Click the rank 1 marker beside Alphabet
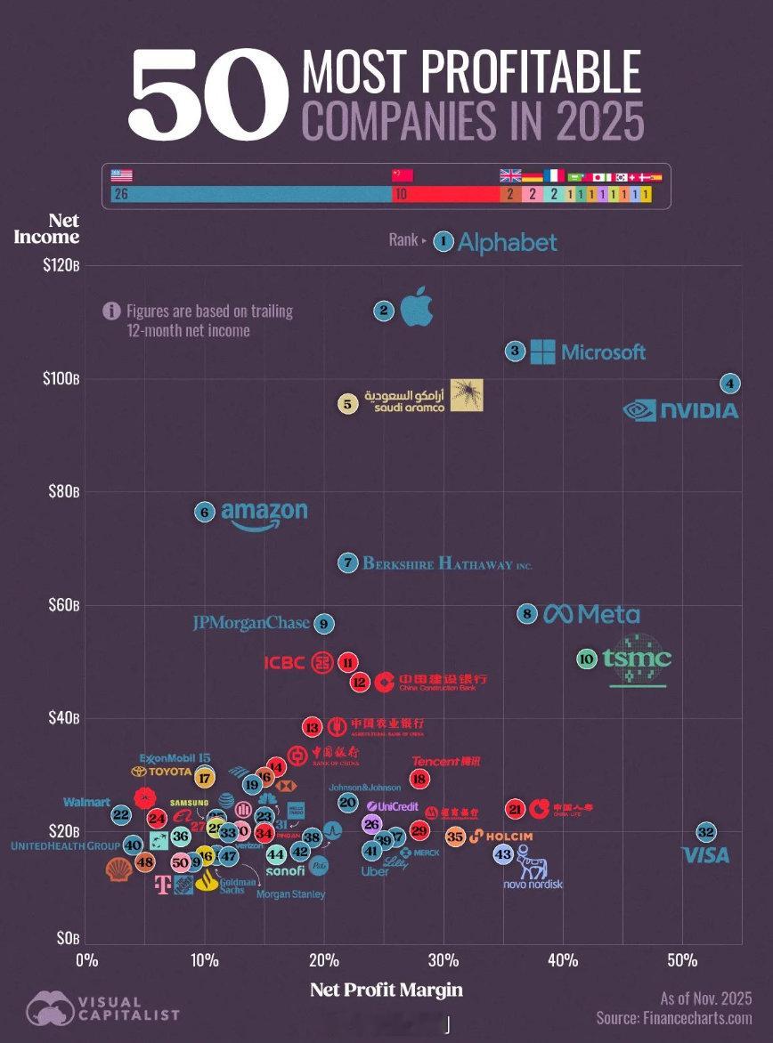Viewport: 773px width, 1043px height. click(443, 241)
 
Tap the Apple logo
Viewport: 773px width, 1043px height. click(416, 308)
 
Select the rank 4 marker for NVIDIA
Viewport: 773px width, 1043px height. click(730, 384)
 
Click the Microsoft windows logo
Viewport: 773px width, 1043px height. click(542, 352)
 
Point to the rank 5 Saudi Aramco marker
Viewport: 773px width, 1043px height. click(347, 404)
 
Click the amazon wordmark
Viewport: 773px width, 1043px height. click(264, 513)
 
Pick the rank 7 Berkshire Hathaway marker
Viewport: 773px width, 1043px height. click(347, 563)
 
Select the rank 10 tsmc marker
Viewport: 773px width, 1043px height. click(586, 659)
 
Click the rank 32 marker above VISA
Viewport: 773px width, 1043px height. click(706, 832)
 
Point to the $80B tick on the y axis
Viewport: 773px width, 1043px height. click(63, 491)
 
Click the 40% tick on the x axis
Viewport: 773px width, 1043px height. click(563, 960)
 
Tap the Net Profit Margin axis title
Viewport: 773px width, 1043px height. click(386, 990)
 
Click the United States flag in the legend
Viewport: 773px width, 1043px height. click(121, 175)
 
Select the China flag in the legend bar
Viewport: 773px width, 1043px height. click(403, 175)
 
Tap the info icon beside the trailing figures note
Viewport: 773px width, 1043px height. click(111, 311)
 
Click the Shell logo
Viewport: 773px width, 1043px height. click(118, 869)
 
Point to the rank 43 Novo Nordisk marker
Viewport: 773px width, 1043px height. click(504, 853)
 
